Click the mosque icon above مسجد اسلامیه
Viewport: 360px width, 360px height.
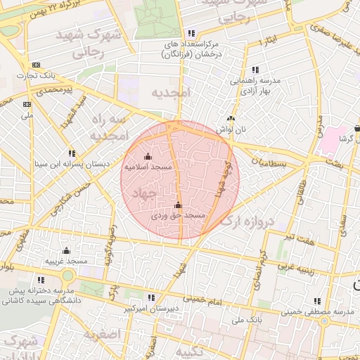point(148,156)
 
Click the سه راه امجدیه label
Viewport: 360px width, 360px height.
point(108,128)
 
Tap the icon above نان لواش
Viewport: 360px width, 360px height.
point(231,119)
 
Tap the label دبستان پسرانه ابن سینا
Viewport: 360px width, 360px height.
point(72,163)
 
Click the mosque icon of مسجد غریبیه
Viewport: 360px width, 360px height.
point(66,251)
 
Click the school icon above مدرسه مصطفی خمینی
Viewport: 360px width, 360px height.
point(318,300)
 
